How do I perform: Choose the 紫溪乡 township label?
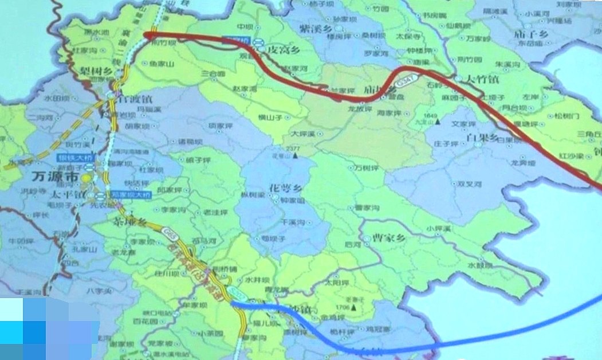pos(315,28)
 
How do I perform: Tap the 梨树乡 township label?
pos(93,71)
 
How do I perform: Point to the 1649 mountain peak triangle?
pos(436,122)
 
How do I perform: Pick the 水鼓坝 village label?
pos(480,265)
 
